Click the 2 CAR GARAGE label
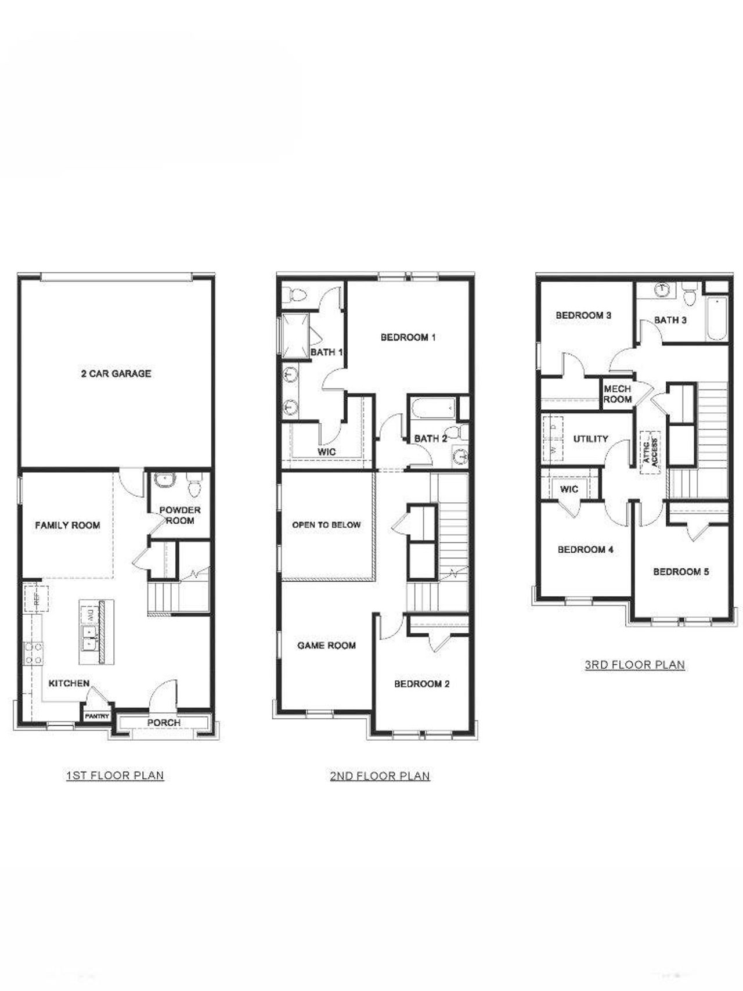116,373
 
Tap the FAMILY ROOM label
67,525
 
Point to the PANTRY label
97,716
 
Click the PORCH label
164,722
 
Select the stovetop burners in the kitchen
33,653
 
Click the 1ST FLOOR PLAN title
115,775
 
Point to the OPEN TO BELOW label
326,525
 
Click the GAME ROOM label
326,645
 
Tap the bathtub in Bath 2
432,409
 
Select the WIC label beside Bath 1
327,452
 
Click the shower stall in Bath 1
294,336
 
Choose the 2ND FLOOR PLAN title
380,776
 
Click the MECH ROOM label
617,394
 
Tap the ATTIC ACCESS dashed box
651,452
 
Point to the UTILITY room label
590,439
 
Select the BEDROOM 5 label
680,572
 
